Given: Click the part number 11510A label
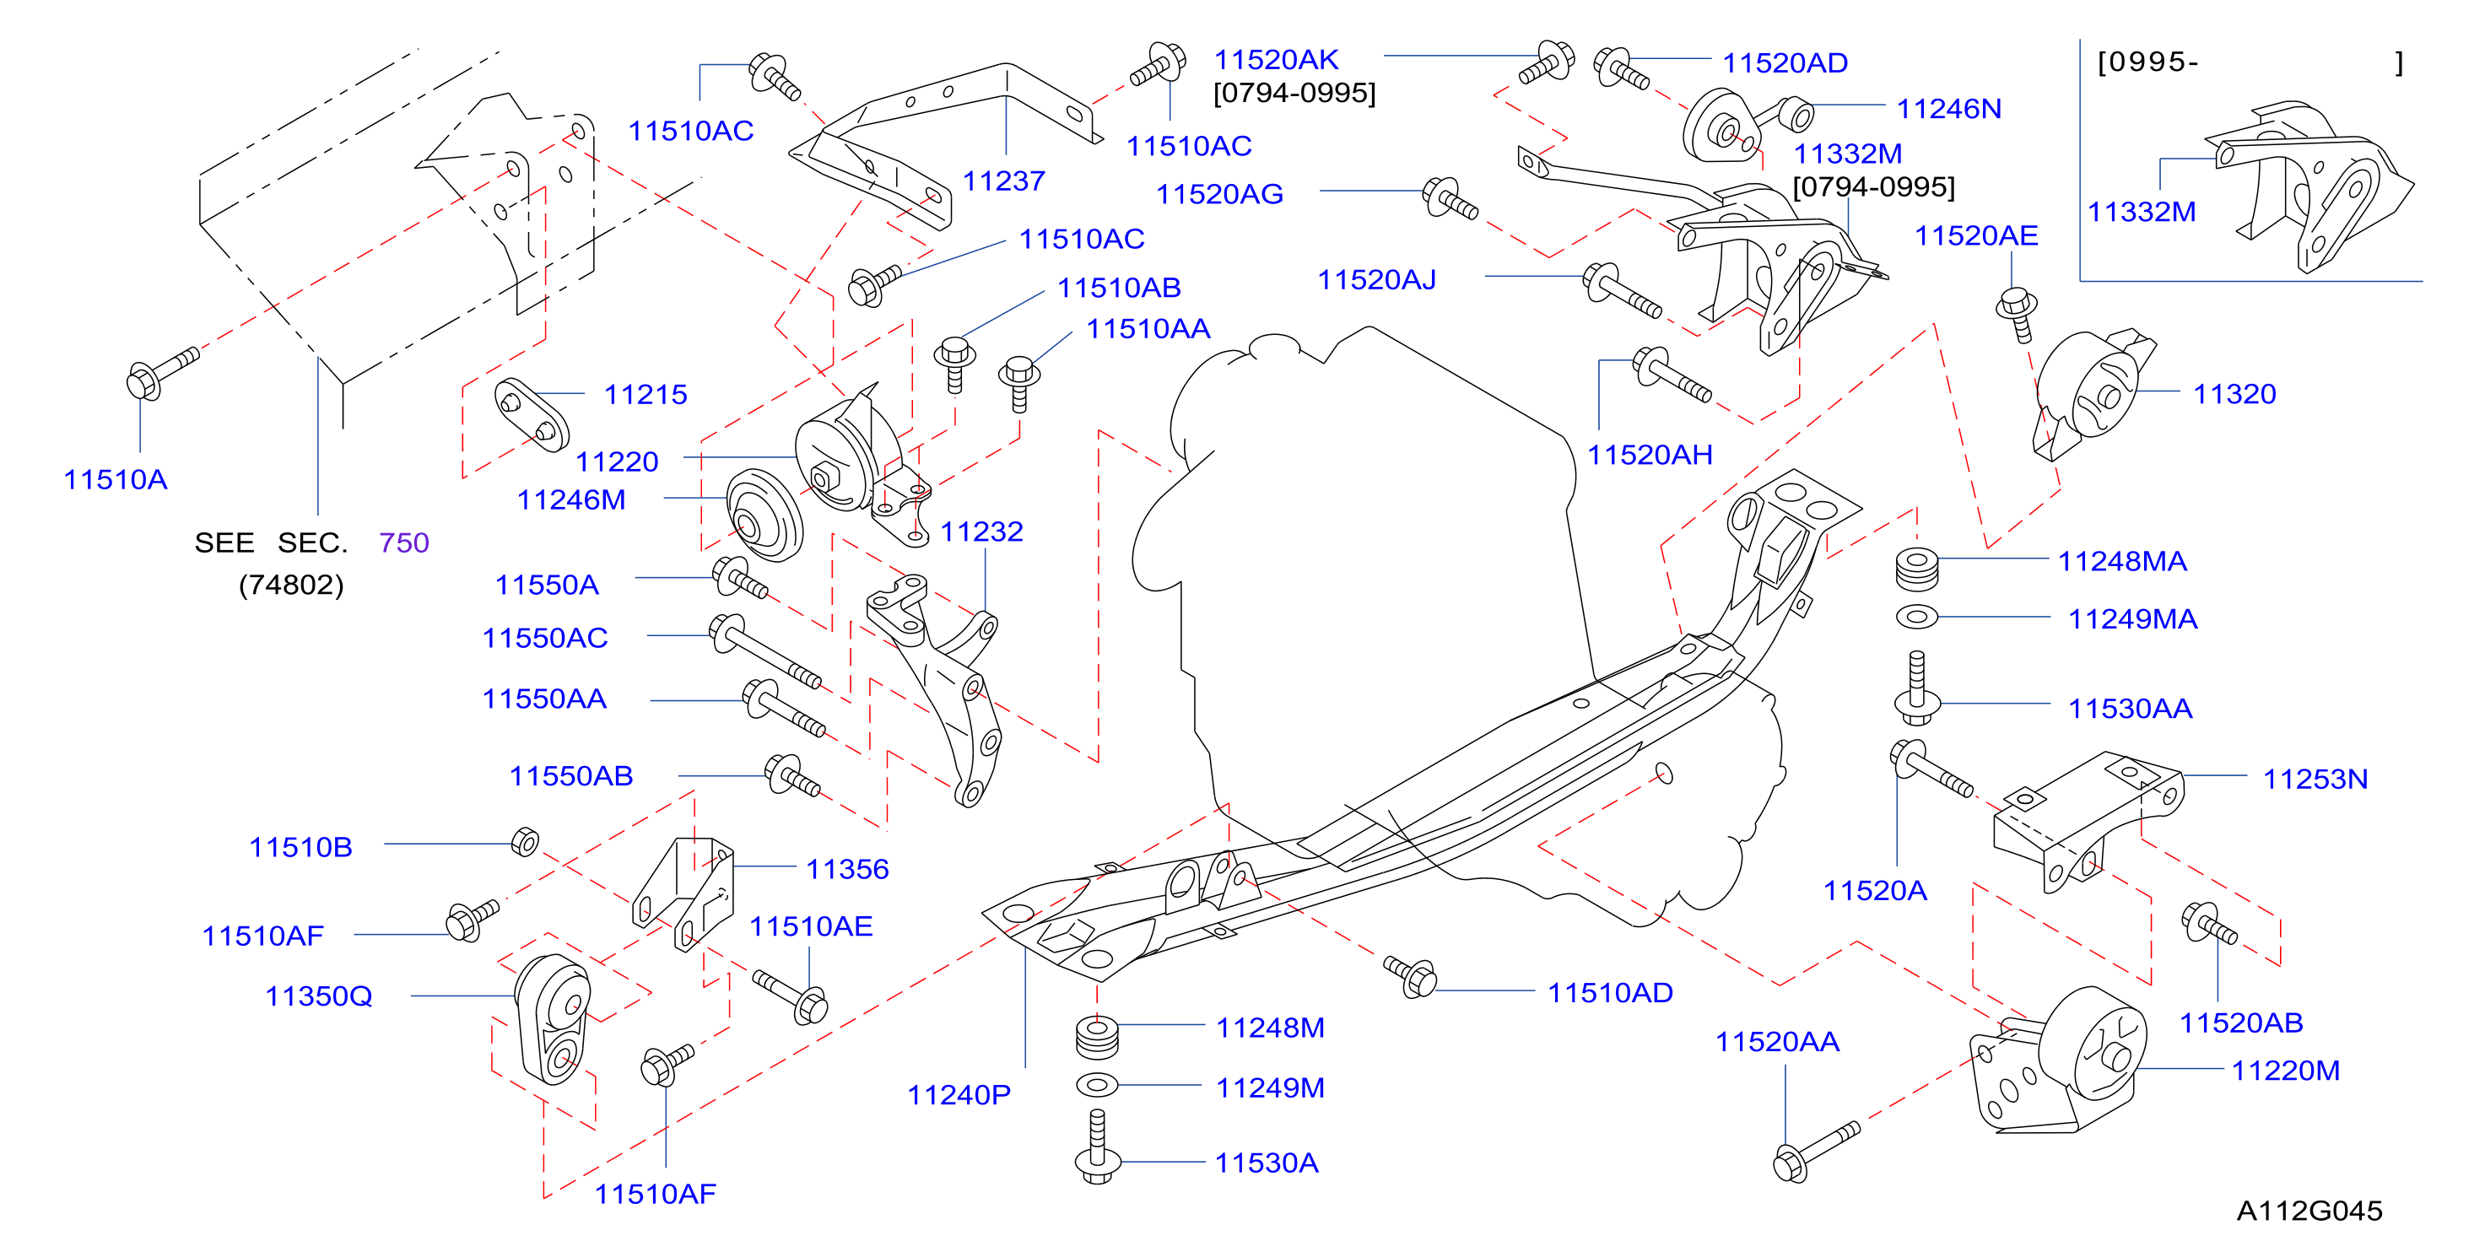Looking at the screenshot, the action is coord(116,479).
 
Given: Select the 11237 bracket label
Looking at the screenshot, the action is coord(1003,181).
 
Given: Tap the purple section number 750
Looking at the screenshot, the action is coord(404,542).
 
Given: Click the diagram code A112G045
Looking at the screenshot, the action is coord(2309,1211).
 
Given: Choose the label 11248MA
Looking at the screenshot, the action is coord(2122,560).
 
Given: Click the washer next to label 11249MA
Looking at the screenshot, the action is coord(1917,615).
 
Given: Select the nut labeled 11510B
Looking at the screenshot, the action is coord(525,842).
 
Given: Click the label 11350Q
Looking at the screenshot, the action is coord(318,996).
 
